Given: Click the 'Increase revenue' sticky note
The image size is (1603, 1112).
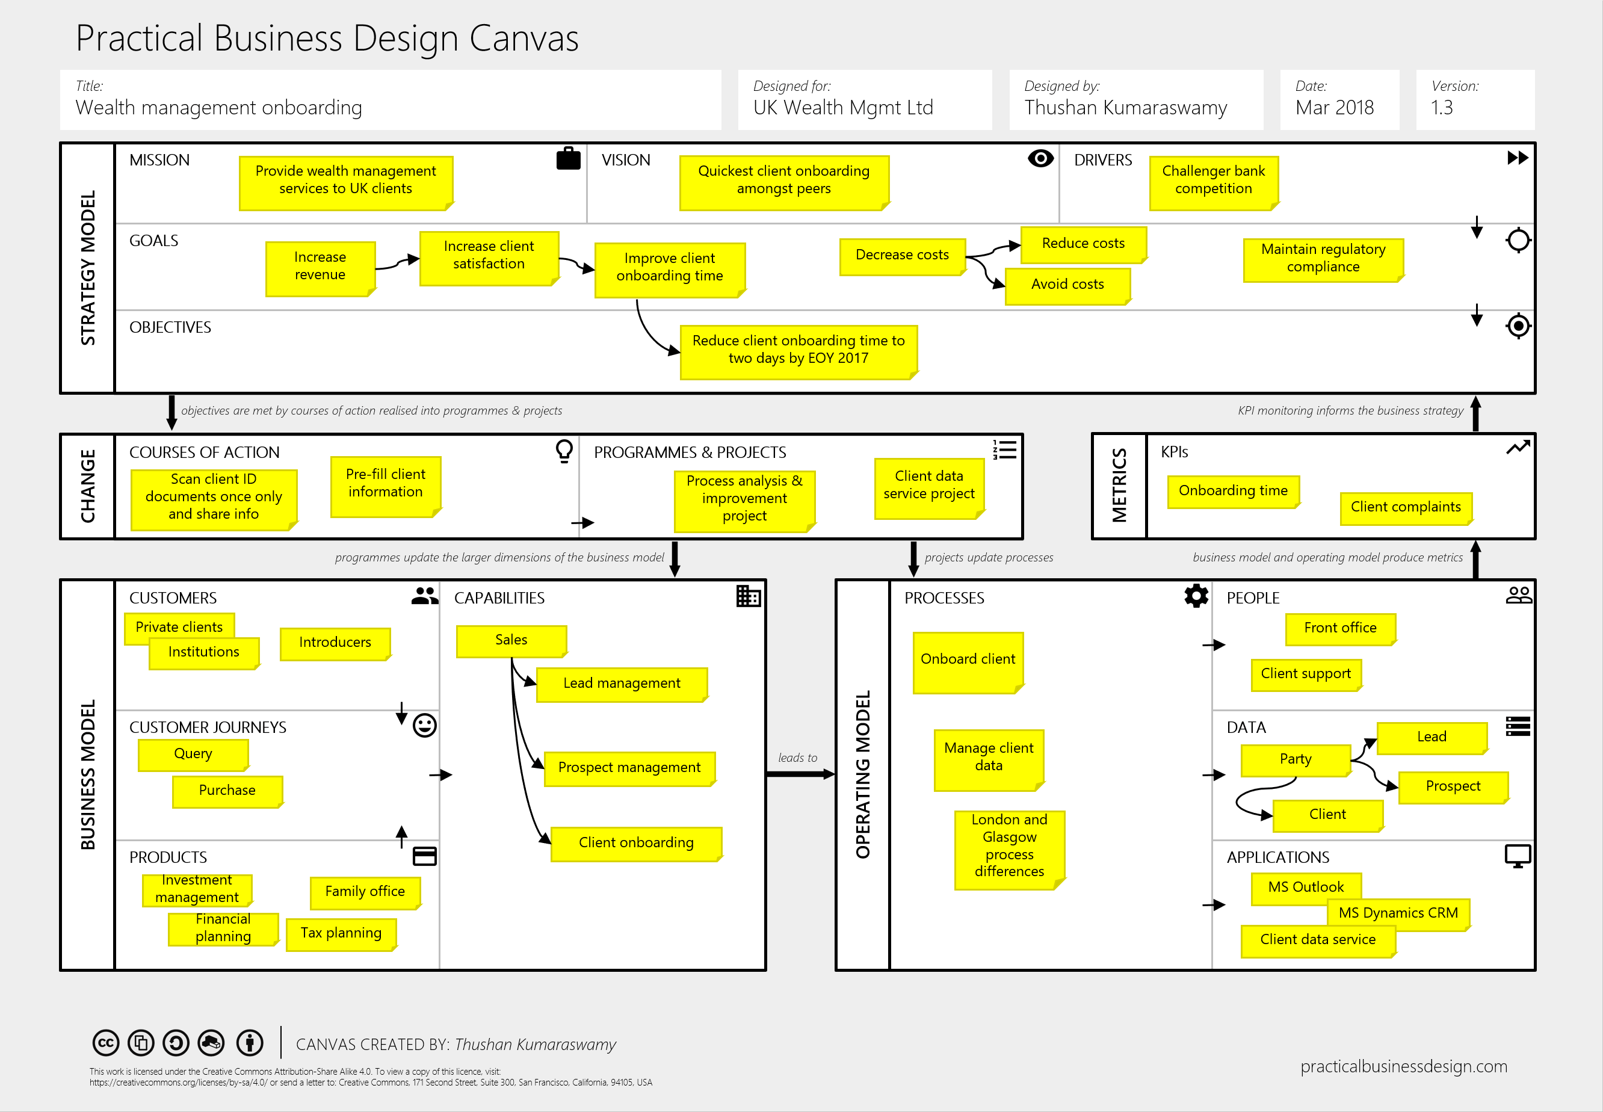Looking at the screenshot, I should pyautogui.click(x=320, y=268).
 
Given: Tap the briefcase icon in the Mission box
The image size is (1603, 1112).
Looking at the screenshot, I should pyautogui.click(x=568, y=159).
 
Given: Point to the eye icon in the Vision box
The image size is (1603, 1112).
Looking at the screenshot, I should pyautogui.click(x=1040, y=159).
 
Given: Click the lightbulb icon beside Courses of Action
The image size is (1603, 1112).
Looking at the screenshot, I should pyautogui.click(x=564, y=451).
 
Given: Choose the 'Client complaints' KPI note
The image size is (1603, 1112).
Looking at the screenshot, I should pyautogui.click(x=1405, y=507).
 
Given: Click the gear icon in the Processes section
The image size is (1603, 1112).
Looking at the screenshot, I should pyautogui.click(x=1196, y=596).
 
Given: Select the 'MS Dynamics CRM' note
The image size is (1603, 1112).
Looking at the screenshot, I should pyautogui.click(x=1397, y=913).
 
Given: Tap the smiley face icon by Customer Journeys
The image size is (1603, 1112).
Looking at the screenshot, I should pyautogui.click(x=424, y=725).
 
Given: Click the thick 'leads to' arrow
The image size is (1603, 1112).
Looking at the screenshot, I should pyautogui.click(x=801, y=774).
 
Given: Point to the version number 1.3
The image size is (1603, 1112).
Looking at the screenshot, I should pyautogui.click(x=1441, y=108).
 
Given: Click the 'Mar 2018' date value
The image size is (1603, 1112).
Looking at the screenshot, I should pyautogui.click(x=1334, y=108).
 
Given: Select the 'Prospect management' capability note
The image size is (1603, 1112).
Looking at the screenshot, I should pyautogui.click(x=629, y=768).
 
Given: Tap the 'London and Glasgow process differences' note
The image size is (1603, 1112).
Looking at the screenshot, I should pyautogui.click(x=1008, y=846).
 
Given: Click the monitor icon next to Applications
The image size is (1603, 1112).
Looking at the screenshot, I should pyautogui.click(x=1518, y=856).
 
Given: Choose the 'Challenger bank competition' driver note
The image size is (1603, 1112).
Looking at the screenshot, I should pyautogui.click(x=1213, y=181).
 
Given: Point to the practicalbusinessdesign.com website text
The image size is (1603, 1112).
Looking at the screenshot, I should pyautogui.click(x=1403, y=1067).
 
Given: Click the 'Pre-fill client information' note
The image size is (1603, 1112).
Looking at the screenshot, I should pyautogui.click(x=385, y=484).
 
